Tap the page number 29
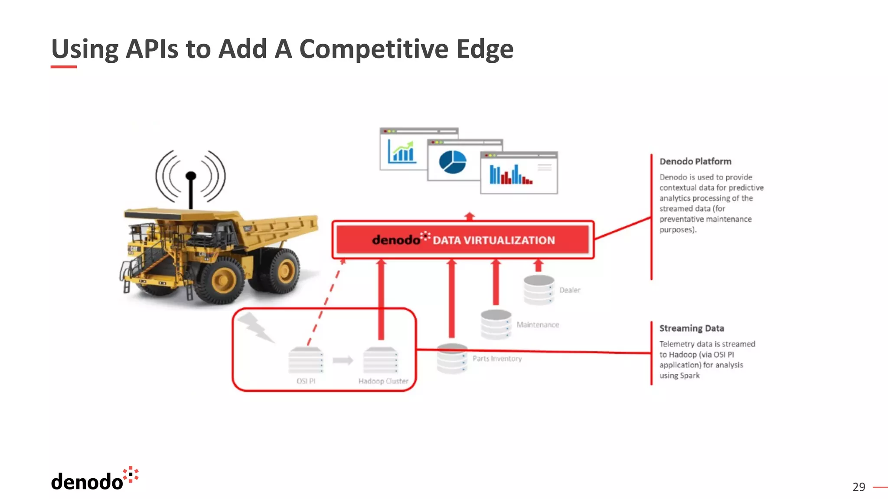[858, 487]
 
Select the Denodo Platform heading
[695, 162]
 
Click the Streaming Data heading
[691, 328]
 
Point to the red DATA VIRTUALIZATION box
[463, 240]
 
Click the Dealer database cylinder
[539, 289]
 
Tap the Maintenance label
[538, 325]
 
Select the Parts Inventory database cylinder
[452, 359]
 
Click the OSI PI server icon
[306, 360]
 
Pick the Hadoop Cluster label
[383, 381]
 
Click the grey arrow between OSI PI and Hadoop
[343, 360]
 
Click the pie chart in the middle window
[452, 162]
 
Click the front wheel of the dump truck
[222, 280]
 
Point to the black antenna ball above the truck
[191, 176]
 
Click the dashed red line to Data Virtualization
[325, 303]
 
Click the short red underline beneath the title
[64, 67]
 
